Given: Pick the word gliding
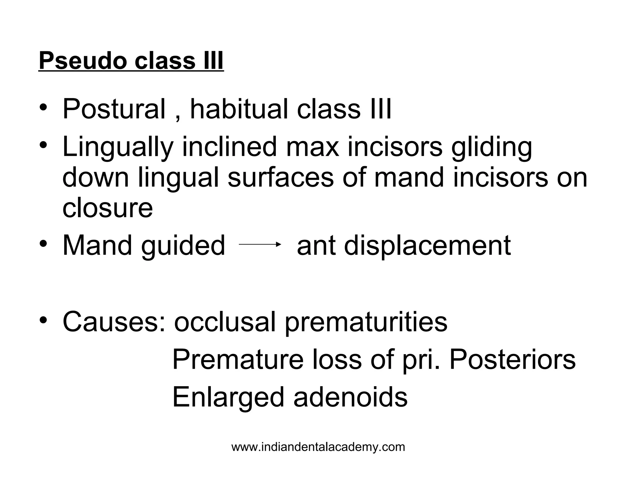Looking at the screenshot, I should click(x=492, y=147).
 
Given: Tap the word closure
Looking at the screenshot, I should click(x=108, y=208).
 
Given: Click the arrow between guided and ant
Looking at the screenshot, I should click(x=260, y=245).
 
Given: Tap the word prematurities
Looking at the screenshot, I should click(x=366, y=322).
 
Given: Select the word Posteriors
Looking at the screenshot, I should click(x=513, y=359).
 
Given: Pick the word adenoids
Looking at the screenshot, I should click(x=351, y=397).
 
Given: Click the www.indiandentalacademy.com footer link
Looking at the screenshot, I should click(x=318, y=447).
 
